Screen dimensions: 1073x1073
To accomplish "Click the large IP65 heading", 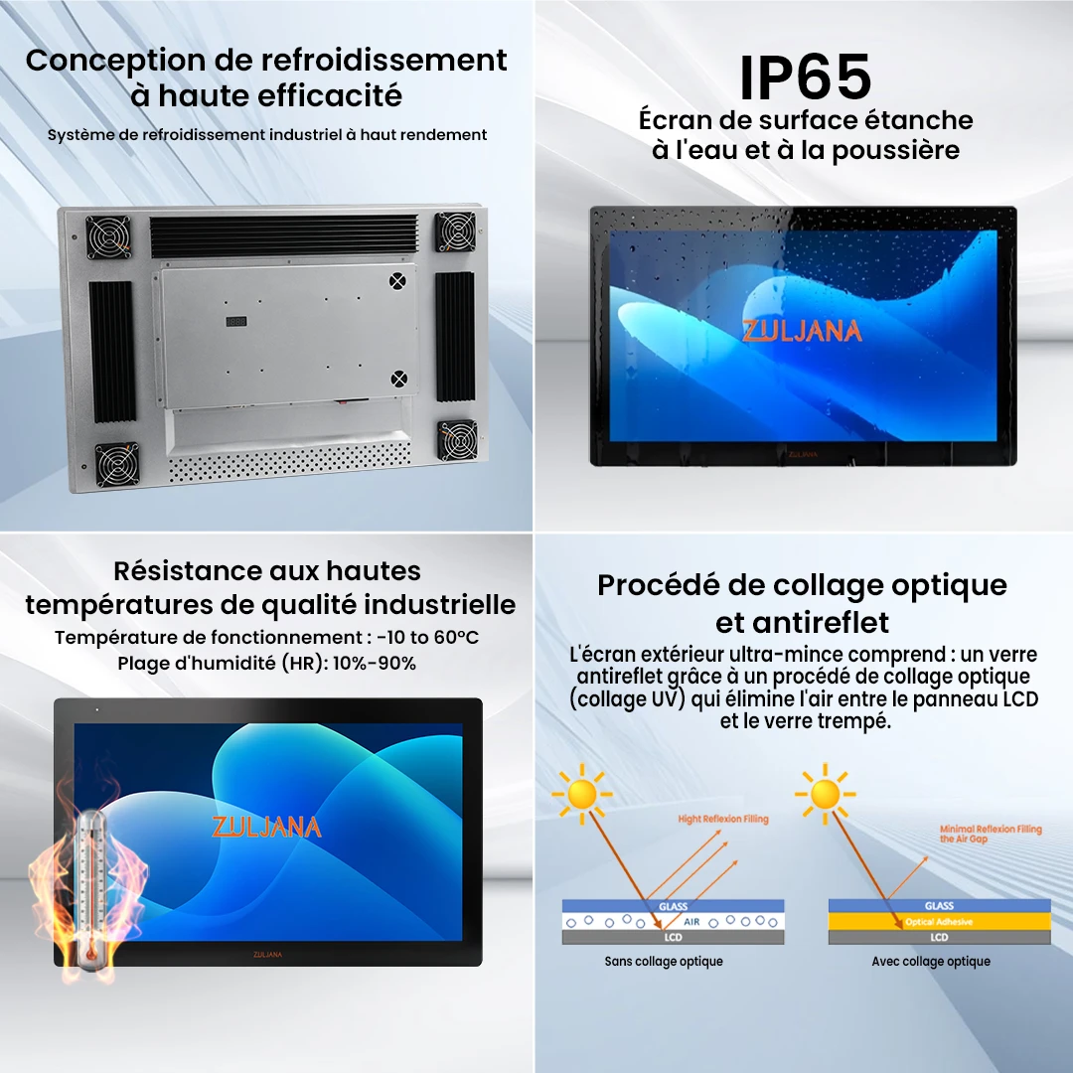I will [806, 77].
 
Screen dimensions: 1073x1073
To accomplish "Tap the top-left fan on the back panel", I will [107, 237].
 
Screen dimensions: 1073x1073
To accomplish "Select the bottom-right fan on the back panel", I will [456, 440].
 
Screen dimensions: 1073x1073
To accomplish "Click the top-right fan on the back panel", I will [456, 231].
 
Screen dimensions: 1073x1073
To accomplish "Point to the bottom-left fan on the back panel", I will [117, 464].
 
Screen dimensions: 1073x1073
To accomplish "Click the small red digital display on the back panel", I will [236, 322].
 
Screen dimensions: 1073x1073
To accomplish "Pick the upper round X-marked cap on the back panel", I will [398, 281].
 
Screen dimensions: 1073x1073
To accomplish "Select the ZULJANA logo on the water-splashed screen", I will [802, 331].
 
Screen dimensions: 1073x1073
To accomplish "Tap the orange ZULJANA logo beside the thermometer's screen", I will [266, 827].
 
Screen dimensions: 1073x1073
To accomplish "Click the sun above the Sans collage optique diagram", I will [580, 794].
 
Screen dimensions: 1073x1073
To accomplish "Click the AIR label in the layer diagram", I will [691, 922].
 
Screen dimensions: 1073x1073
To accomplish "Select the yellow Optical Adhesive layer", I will [939, 922].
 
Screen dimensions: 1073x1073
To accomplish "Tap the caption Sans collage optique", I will [664, 962].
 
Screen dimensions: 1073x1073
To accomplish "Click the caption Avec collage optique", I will [931, 962].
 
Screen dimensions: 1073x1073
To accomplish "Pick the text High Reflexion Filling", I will [723, 820].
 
